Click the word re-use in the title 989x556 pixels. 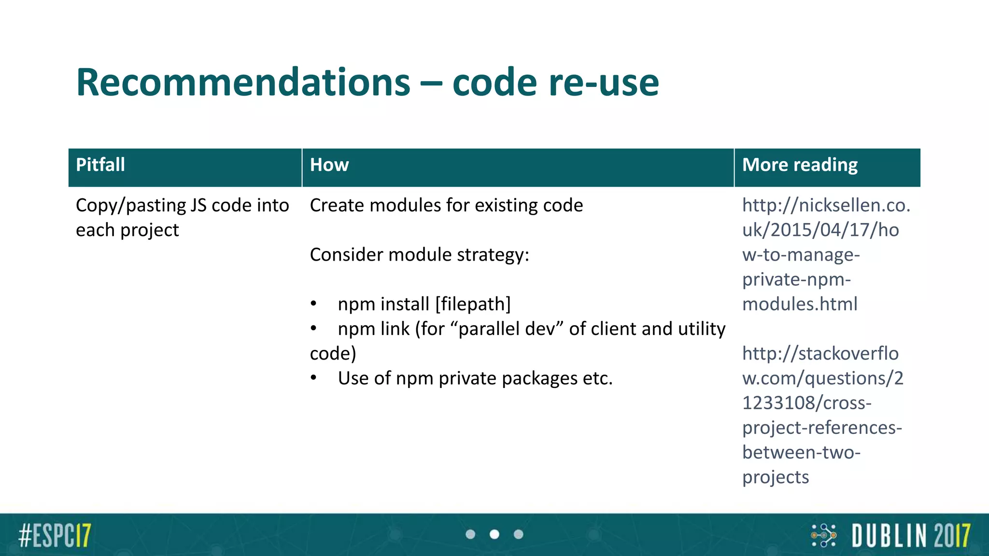[604, 83]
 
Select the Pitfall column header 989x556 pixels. [100, 165]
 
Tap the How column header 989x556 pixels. [329, 165]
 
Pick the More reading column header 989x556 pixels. [800, 165]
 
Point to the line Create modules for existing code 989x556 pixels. [446, 206]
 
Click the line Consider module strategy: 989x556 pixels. [419, 255]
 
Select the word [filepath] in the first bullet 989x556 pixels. [473, 305]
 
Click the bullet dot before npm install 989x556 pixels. [314, 304]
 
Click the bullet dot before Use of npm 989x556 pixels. [314, 378]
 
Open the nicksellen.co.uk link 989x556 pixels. [826, 230]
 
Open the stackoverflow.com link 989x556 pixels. [821, 378]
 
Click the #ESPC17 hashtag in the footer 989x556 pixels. [55, 535]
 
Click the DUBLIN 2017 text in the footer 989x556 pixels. [911, 535]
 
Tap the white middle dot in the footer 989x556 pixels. [494, 534]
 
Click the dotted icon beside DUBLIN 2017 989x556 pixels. [824, 535]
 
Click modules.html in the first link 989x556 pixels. [800, 305]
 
